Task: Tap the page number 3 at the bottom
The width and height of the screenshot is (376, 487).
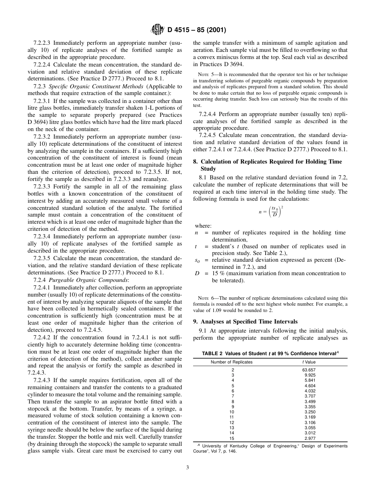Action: (x=188, y=468)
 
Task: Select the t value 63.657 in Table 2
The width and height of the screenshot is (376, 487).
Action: (x=309, y=370)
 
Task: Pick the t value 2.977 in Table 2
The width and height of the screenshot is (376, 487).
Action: (x=310, y=438)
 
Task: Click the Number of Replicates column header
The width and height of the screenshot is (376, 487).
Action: (x=232, y=362)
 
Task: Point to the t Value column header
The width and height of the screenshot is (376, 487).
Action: (x=309, y=362)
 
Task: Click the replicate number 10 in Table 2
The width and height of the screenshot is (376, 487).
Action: (x=232, y=412)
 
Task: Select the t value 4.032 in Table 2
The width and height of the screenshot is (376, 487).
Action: (x=310, y=391)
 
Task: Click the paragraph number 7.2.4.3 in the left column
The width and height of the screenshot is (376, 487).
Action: (x=43, y=380)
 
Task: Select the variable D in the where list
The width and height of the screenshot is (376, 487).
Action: (x=197, y=273)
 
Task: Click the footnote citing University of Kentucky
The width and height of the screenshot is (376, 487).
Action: (x=270, y=448)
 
